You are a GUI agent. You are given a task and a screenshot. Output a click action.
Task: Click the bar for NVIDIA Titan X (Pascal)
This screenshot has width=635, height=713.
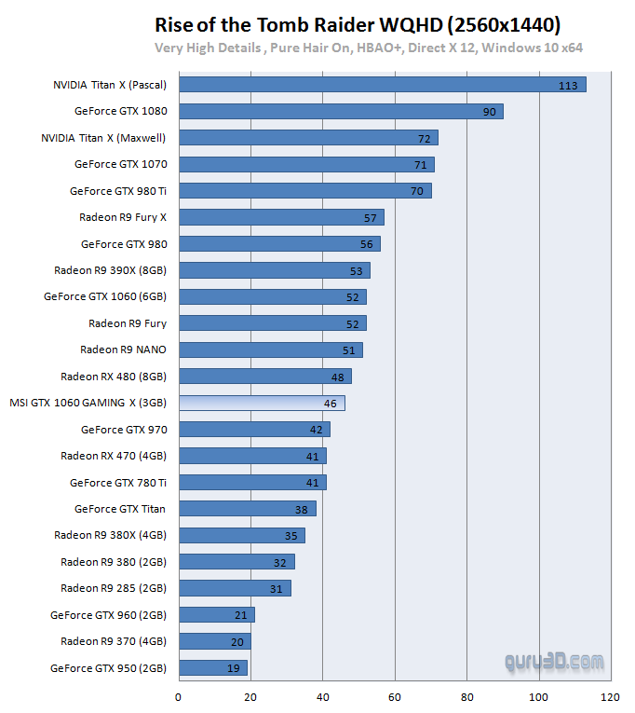click(382, 85)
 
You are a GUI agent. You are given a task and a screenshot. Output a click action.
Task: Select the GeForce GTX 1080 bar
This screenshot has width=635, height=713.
click(341, 111)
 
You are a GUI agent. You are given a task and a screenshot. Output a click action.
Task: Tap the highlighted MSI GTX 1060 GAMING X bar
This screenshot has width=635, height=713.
click(262, 404)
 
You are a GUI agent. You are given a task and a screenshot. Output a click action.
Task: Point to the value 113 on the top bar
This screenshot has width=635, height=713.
click(568, 86)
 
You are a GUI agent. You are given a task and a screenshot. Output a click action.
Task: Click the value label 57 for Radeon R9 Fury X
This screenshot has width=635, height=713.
click(371, 218)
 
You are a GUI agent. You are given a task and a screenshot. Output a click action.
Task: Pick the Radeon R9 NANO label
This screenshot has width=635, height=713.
click(123, 350)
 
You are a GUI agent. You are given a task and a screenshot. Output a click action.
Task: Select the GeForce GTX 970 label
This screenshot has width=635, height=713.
click(124, 430)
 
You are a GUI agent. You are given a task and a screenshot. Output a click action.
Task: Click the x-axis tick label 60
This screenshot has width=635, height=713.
click(395, 695)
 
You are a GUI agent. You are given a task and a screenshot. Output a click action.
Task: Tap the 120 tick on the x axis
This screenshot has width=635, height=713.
click(610, 695)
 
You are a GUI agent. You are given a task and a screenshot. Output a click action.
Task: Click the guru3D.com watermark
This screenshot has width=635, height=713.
click(554, 663)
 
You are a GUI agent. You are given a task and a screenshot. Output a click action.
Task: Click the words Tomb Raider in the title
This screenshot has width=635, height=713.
click(289, 23)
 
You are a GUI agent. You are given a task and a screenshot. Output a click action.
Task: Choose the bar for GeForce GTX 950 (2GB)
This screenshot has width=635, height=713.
click(213, 668)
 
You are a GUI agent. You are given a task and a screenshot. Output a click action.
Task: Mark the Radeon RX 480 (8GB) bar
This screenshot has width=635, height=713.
click(265, 377)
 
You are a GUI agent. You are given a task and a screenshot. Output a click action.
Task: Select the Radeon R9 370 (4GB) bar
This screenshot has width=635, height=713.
click(215, 641)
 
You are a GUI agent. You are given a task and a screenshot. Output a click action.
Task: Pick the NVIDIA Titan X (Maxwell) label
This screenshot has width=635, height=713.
click(103, 138)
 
